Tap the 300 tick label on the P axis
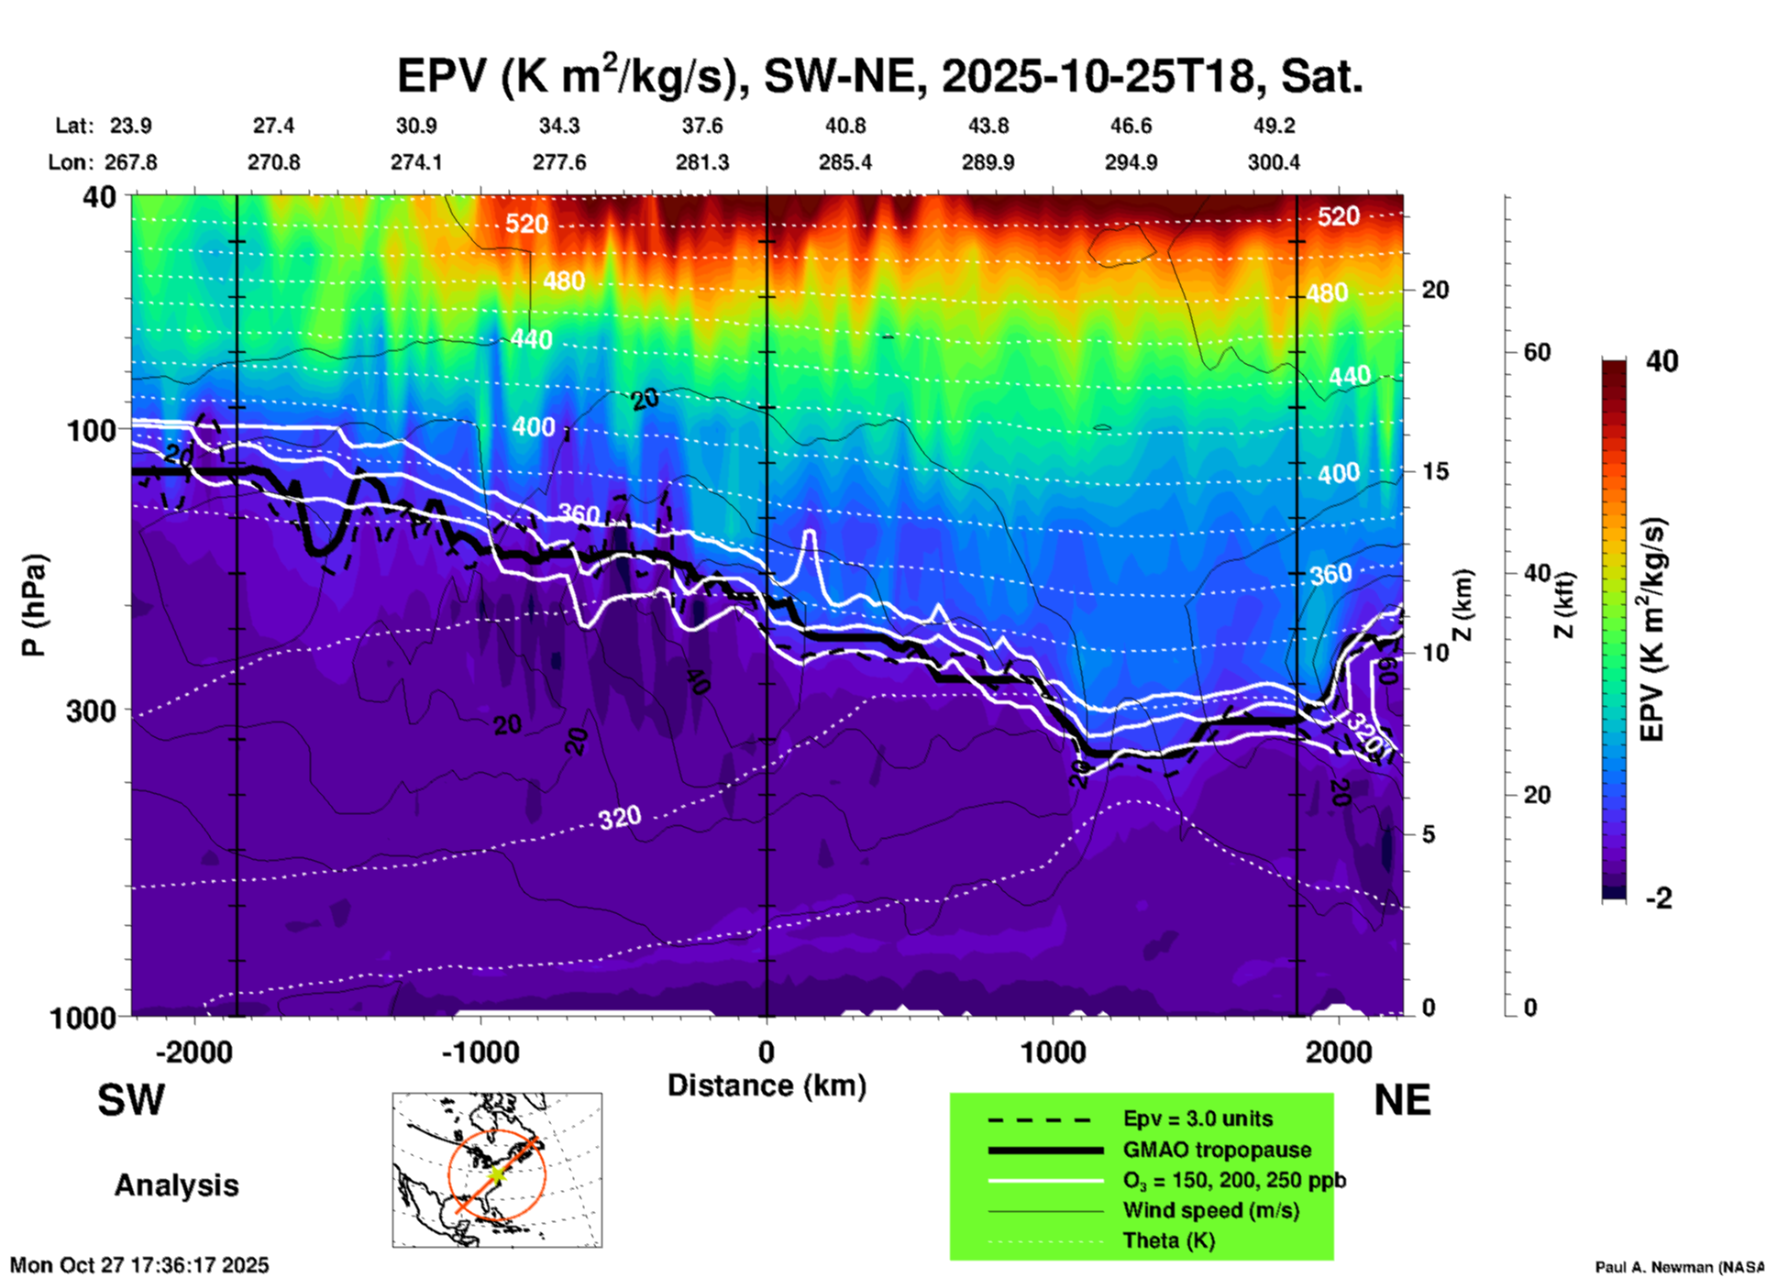92,711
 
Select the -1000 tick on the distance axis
480,1052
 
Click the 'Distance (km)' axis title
767,1085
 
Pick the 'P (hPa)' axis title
34,605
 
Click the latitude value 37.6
702,126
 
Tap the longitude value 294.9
1131,162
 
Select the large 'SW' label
131,1100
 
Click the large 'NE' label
1402,1100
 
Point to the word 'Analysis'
176,1185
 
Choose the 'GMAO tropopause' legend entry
1217,1150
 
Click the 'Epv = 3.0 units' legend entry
1198,1118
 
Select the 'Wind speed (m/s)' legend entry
1210,1210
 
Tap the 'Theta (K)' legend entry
1168,1240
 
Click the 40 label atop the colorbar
1661,361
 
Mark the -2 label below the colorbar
1658,898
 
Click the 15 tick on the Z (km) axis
1435,471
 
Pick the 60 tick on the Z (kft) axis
1537,352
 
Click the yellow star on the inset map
496,1173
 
